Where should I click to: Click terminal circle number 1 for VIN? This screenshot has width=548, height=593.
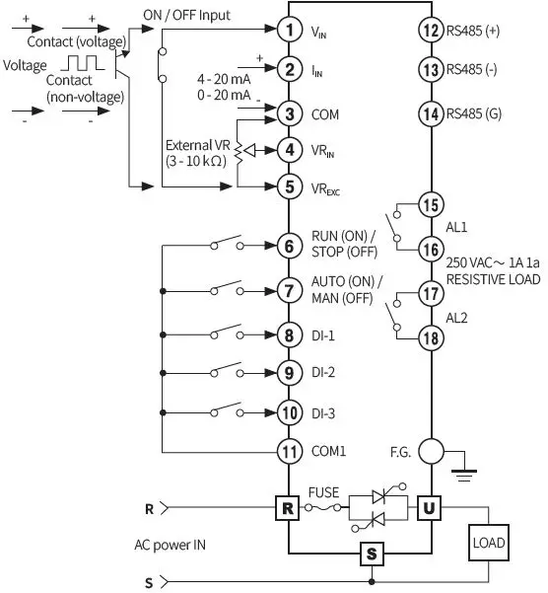pyautogui.click(x=288, y=31)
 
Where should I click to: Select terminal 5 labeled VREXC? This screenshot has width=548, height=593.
pyautogui.click(x=288, y=185)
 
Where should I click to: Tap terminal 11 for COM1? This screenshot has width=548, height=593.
pyautogui.click(x=288, y=452)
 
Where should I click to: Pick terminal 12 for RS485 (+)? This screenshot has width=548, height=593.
pyautogui.click(x=431, y=31)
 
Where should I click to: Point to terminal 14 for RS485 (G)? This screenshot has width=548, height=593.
pyautogui.click(x=431, y=113)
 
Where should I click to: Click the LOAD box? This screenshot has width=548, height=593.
pyautogui.click(x=490, y=542)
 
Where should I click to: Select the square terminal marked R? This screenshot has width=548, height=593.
pyautogui.click(x=288, y=508)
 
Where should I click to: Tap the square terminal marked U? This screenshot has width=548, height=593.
pyautogui.click(x=431, y=508)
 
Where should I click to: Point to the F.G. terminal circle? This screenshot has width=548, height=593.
pyautogui.click(x=431, y=452)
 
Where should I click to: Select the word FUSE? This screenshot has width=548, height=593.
pyautogui.click(x=324, y=490)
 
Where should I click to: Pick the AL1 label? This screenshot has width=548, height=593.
pyautogui.click(x=458, y=225)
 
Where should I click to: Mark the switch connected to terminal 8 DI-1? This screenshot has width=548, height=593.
pyautogui.click(x=225, y=333)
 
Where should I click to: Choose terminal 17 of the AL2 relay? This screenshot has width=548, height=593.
pyautogui.click(x=431, y=294)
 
